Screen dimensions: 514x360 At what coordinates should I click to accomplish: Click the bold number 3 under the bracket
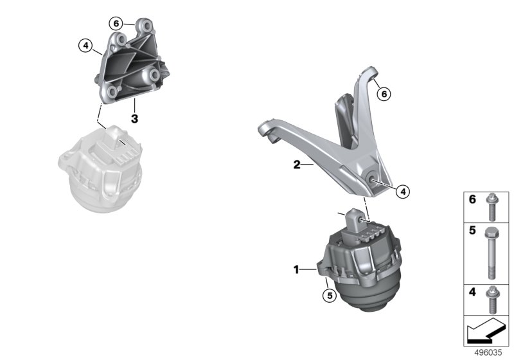tap(134, 118)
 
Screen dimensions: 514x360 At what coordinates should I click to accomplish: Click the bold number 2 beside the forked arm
tap(297, 165)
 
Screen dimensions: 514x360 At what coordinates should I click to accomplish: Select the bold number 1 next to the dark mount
tap(296, 270)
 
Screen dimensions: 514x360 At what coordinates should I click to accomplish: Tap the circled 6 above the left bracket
tap(116, 24)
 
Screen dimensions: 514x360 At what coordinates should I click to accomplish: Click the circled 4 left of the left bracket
tap(85, 46)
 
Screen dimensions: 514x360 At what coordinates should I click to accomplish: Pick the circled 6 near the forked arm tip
tap(384, 94)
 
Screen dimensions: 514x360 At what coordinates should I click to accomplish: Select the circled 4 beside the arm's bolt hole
tap(403, 191)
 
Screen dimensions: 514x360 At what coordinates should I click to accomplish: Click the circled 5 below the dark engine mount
tap(330, 296)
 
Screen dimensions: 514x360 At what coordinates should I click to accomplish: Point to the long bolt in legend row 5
tap(491, 253)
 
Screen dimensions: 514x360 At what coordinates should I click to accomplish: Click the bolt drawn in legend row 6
tap(491, 207)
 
